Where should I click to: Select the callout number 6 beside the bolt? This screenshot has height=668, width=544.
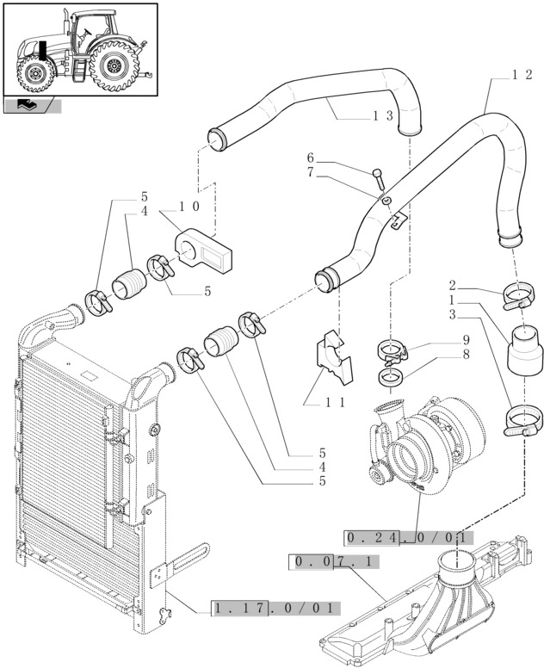[311, 158]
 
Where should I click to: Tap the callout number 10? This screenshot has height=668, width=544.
[189, 207]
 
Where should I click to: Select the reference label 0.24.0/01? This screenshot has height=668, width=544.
[408, 538]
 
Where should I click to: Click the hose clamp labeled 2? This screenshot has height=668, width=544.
[517, 298]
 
